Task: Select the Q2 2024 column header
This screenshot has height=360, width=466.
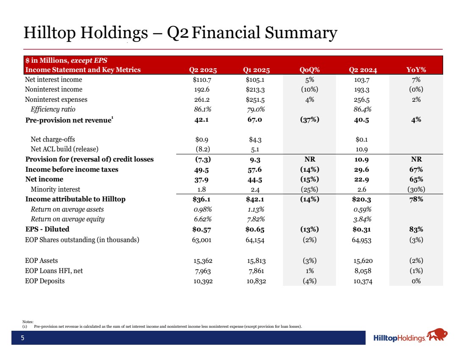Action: point(363,70)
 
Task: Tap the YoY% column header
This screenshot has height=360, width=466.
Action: point(416,70)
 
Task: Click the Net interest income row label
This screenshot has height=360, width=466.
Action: point(54,80)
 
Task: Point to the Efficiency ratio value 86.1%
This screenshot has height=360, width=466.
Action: point(202,109)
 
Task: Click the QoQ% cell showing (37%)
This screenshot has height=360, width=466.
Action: point(309,120)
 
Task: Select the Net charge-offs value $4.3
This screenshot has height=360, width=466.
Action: point(255,139)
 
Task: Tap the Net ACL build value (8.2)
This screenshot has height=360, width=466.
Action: point(202,149)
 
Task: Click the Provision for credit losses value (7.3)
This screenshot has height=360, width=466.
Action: point(202,159)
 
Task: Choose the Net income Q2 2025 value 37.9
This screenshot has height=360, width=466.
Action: point(202,179)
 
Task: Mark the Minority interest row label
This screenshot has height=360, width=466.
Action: point(55,189)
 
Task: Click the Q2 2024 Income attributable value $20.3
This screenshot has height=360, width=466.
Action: point(363,199)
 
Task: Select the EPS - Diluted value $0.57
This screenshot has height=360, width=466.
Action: point(202,229)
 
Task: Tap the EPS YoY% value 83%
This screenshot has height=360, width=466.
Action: point(416,229)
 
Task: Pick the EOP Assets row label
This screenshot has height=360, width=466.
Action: point(42,261)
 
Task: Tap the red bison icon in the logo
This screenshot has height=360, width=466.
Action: point(438,335)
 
